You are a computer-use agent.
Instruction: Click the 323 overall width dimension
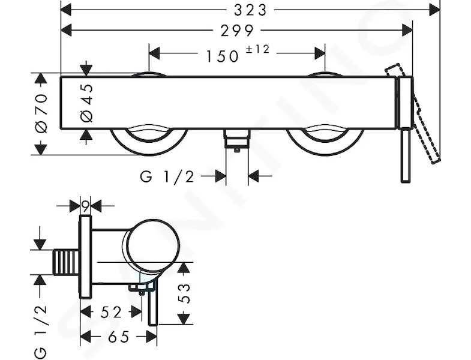250,10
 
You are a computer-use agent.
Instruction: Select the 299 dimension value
238,31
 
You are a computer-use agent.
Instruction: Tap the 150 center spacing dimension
222,56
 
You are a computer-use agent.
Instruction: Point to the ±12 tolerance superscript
258,49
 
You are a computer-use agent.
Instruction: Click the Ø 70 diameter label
41,113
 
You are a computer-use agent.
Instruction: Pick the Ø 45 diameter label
86,103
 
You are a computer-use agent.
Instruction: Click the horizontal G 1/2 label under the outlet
167,176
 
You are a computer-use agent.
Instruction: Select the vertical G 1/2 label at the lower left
41,331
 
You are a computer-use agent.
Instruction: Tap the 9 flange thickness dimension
85,206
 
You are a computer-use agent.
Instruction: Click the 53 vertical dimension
184,293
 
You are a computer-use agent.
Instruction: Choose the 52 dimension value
111,312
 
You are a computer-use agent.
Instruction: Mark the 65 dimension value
118,337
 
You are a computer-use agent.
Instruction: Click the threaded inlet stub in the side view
66,262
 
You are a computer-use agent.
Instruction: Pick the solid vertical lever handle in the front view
406,129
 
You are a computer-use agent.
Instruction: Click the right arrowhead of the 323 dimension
434,10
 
